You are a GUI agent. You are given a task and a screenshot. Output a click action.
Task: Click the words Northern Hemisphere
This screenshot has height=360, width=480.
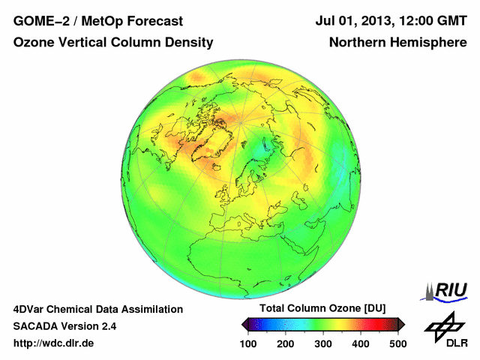click(398, 43)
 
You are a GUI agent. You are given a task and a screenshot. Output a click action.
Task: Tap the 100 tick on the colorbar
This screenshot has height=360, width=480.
click(249, 343)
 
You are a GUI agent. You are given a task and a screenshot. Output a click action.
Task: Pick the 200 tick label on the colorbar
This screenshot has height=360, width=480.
click(286, 343)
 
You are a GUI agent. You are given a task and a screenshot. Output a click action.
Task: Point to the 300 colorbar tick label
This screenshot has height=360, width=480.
click(323, 343)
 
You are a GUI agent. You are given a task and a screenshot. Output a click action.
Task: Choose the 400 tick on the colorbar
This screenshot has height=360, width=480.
click(360, 343)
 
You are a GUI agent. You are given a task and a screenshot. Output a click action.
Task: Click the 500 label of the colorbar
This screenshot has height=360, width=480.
click(397, 343)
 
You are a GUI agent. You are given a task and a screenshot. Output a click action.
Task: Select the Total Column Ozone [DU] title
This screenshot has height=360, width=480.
click(322, 309)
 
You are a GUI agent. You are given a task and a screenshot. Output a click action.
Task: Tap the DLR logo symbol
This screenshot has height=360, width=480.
click(443, 327)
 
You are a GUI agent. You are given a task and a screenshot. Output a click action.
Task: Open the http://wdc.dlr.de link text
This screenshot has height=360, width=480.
click(54, 343)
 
